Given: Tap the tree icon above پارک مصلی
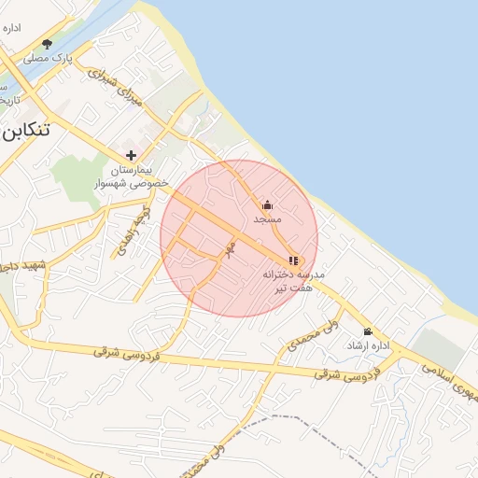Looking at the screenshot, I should [x=48, y=43].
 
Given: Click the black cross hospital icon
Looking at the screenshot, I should [x=131, y=155].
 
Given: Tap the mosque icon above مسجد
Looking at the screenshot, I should [x=267, y=204].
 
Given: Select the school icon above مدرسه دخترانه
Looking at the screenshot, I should [x=293, y=261].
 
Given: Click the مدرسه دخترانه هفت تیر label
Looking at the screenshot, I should [x=294, y=282].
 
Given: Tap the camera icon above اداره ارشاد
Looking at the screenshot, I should [x=367, y=331].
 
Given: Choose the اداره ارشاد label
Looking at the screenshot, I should [x=367, y=345].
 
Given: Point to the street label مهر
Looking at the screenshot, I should [x=227, y=248].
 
